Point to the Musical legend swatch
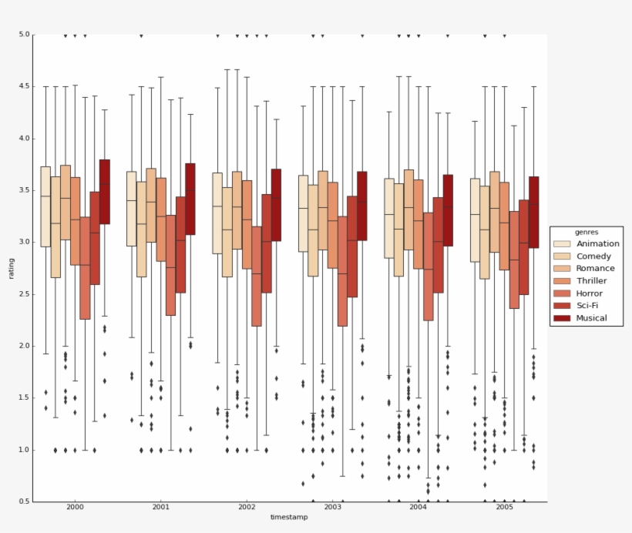click(562, 317)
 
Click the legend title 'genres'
click(587, 231)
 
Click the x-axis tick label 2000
click(76, 508)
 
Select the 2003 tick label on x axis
click(332, 508)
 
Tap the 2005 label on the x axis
click(504, 508)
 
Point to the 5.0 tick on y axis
click(24, 35)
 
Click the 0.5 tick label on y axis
click(24, 501)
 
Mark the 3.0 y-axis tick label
click(24, 242)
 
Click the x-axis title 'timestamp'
click(289, 517)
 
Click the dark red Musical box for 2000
click(104, 192)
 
